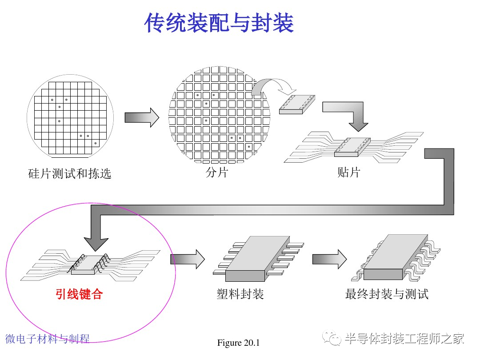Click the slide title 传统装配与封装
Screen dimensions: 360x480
tap(219, 23)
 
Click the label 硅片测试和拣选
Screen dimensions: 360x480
tap(70, 174)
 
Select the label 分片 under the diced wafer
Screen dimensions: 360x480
tap(217, 172)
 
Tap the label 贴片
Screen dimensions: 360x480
tap(348, 172)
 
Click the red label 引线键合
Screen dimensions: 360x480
tap(79, 294)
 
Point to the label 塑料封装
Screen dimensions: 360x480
tap(240, 294)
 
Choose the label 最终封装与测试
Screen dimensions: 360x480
tap(387, 294)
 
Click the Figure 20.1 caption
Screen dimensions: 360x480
tap(238, 343)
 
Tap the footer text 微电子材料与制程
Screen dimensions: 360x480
tap(48, 339)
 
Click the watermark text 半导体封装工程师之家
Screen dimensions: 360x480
tap(404, 339)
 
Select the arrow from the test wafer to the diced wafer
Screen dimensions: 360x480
tap(142, 117)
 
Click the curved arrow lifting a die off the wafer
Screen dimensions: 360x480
tap(271, 86)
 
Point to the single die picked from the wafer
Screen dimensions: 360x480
tap(296, 104)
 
